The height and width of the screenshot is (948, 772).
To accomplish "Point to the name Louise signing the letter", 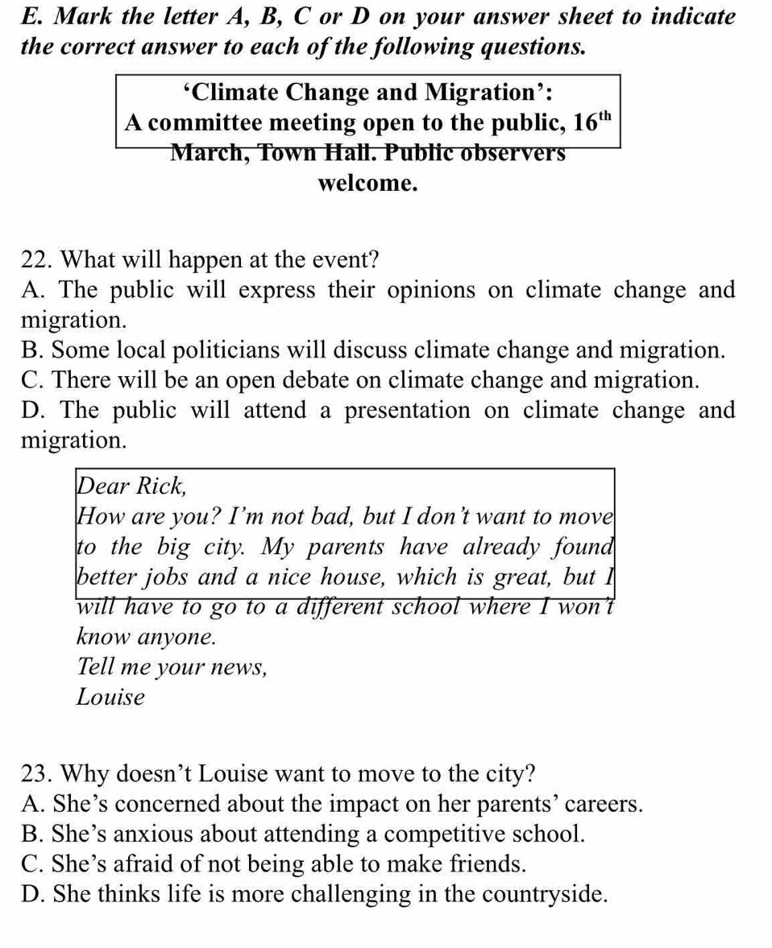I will (111, 697).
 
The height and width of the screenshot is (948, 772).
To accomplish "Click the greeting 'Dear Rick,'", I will (132, 486).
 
